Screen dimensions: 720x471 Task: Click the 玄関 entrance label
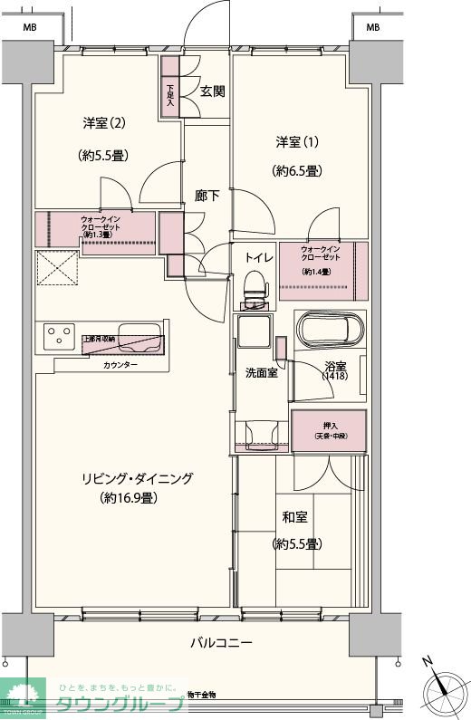pos(213,91)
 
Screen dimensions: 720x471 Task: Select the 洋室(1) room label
pos(297,142)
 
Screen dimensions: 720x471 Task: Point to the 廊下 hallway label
pos(207,195)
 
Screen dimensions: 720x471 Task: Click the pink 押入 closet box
pos(328,431)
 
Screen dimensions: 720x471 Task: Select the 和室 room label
pos(296,517)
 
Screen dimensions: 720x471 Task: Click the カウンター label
pos(120,364)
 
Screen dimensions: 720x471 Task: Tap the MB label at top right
pos(372,28)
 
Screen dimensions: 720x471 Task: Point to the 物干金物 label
pos(202,694)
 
